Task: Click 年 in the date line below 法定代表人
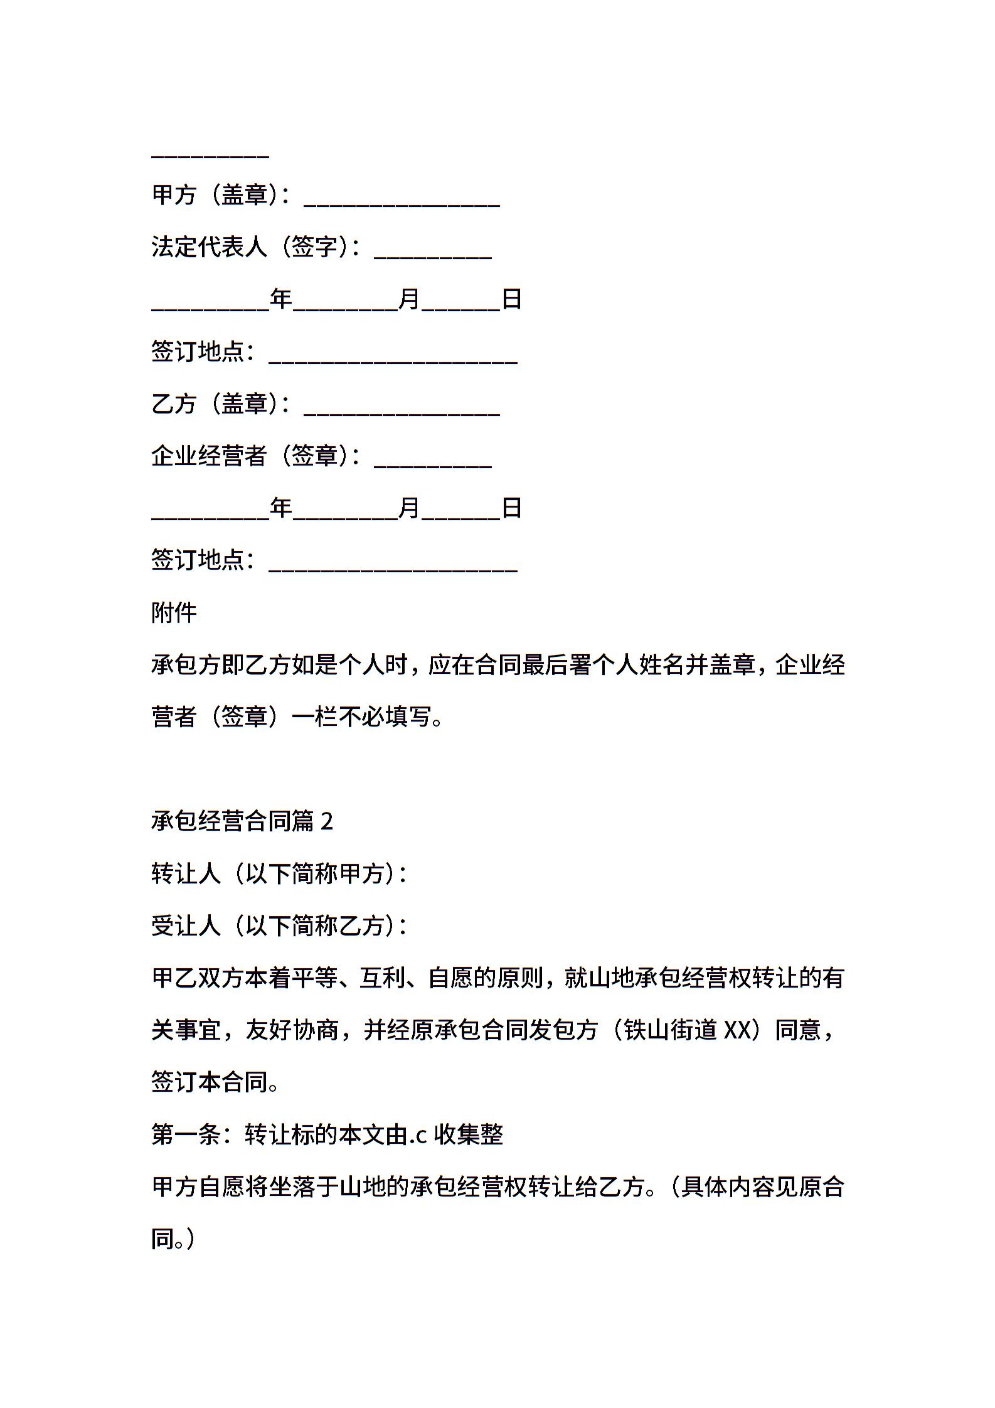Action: tap(281, 299)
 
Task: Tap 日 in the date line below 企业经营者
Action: tap(512, 508)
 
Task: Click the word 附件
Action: tap(174, 613)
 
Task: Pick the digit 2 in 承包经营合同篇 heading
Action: tap(326, 821)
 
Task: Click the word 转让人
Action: tap(186, 873)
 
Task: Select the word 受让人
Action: tap(186, 925)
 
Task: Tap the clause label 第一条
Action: tap(186, 1134)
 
